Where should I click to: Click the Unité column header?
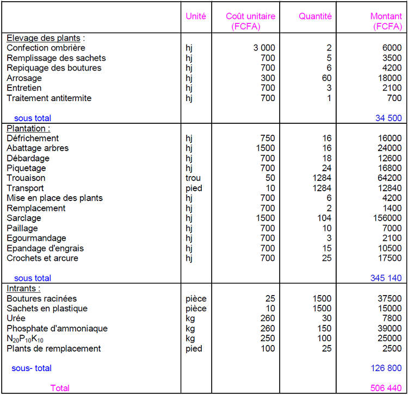pos(196,16)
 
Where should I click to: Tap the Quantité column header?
pos(315,16)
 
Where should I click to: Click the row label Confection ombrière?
pos(46,48)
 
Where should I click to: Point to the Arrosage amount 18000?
pos(390,78)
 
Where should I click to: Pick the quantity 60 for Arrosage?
pos(326,78)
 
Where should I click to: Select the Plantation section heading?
pos(28,128)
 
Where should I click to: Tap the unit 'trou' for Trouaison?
pos(193,178)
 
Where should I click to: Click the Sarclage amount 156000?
pos(387,218)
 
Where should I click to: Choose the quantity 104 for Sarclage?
pos(324,218)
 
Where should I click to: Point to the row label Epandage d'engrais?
pos(45,248)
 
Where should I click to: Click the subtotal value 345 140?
pos(386,278)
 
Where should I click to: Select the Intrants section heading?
pos(23,289)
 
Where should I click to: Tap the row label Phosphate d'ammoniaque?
pos(57,328)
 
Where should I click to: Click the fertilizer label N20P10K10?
pos(25,338)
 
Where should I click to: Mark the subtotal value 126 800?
pos(386,368)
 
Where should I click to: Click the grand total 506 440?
pos(386,388)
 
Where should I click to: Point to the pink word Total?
pos(60,388)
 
